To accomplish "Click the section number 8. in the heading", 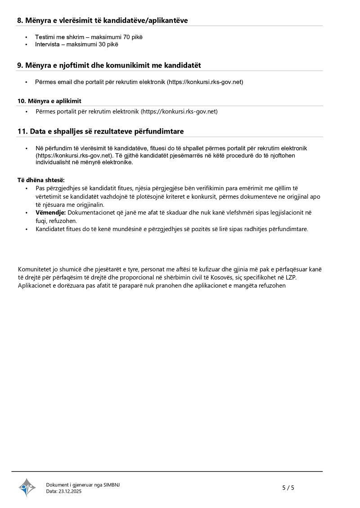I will pyautogui.click(x=20, y=21).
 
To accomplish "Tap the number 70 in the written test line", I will pyautogui.click(x=126, y=37).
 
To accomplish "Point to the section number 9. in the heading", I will pyautogui.click(x=20, y=66).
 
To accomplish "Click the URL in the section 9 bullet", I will pyautogui.click(x=205, y=82).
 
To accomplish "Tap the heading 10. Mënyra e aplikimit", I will pyautogui.click(x=49, y=101).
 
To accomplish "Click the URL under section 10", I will pyautogui.click(x=179, y=111).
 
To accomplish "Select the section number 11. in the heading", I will pyautogui.click(x=22, y=131).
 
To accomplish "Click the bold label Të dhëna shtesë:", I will pyautogui.click(x=41, y=180).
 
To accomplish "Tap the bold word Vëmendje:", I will pyautogui.click(x=51, y=212).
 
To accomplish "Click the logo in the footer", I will pyautogui.click(x=27, y=487).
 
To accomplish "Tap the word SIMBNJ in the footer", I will pyautogui.click(x=112, y=485).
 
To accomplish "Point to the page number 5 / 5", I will pyautogui.click(x=288, y=488).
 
